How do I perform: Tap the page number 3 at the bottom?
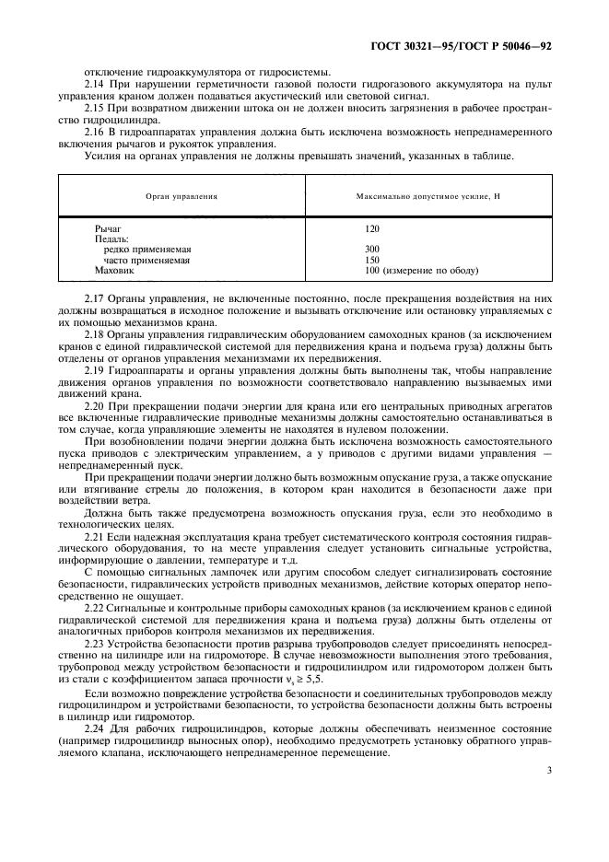pyautogui.click(x=548, y=770)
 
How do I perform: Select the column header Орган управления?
pyautogui.click(x=181, y=196)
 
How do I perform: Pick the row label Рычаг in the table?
pyautogui.click(x=108, y=227)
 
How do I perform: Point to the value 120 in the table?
pyautogui.click(x=372, y=227)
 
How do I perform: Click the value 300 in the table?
pyautogui.click(x=372, y=250)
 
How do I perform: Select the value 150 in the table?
pyautogui.click(x=372, y=261)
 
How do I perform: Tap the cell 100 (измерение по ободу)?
pyautogui.click(x=421, y=272)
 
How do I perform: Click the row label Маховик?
pyautogui.click(x=114, y=272)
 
